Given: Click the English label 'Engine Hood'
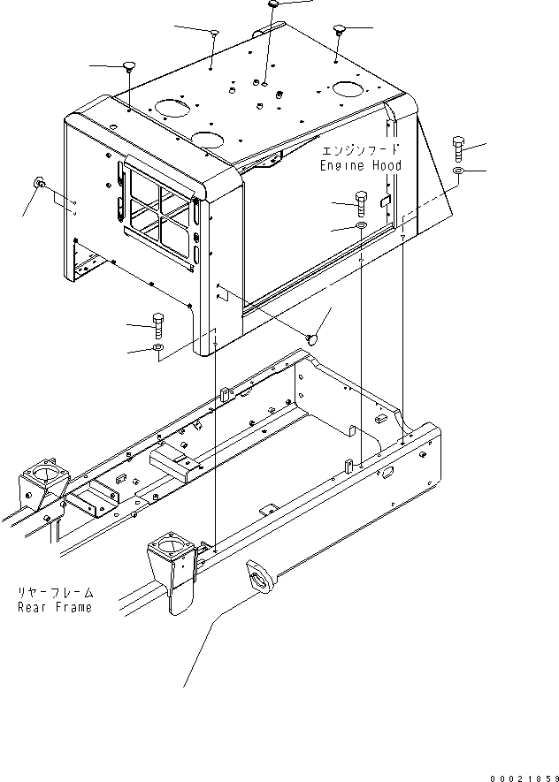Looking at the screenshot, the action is point(361,165).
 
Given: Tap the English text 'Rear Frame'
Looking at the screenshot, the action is point(55,607).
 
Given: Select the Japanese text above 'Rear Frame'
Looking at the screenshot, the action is point(56,593).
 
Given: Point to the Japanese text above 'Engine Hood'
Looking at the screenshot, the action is point(360,150).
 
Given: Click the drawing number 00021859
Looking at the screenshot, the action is point(525,778).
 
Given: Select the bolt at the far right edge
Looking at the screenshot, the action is point(459,148).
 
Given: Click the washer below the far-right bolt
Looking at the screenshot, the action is point(459,171).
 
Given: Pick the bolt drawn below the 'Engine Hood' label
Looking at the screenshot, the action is point(362,203).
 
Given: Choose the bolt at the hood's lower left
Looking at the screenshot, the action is point(157,326).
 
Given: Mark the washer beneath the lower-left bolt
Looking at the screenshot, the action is point(157,347).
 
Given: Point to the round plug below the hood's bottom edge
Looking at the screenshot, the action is point(313,338).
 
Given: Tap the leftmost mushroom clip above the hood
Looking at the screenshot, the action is point(129,65).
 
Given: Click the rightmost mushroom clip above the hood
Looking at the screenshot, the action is point(340,28).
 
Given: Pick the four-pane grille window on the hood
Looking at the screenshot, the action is point(157,213).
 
